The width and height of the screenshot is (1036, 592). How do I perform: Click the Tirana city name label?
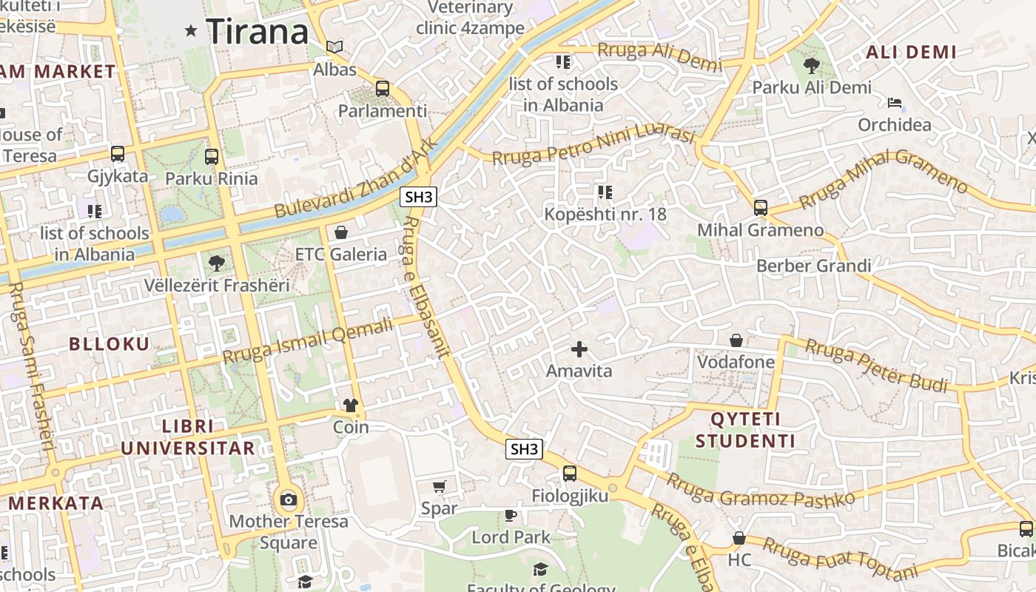[257, 32]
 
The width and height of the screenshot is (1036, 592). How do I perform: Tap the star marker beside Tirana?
[191, 31]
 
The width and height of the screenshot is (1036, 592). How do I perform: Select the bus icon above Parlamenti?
[383, 89]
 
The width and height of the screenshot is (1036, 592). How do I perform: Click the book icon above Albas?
[334, 47]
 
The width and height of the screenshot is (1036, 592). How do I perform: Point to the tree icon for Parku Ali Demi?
[811, 65]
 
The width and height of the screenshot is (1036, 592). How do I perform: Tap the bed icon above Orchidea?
[895, 102]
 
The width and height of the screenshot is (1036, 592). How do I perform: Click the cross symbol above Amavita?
[579, 349]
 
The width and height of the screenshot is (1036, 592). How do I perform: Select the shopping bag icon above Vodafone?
[736, 340]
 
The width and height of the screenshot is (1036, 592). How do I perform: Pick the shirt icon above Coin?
[351, 405]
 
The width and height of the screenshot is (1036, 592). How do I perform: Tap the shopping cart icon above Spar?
[440, 486]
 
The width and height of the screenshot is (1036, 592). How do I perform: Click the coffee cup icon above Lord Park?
[510, 515]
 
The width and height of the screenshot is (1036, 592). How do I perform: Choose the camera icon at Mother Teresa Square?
[289, 500]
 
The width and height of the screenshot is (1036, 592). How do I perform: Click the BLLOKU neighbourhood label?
[109, 343]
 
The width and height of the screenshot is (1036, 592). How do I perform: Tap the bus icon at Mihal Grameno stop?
[761, 208]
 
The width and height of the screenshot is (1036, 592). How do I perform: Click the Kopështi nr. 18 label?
[605, 215]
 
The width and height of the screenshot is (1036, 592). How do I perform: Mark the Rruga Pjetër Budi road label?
[876, 365]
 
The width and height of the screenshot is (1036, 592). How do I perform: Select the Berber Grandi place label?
[813, 266]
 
